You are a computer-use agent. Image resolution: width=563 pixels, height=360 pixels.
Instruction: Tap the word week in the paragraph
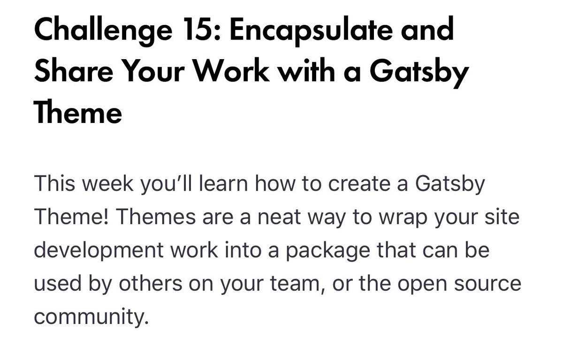click(115, 184)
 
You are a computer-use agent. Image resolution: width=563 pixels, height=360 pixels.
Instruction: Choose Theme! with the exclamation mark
click(70, 216)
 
